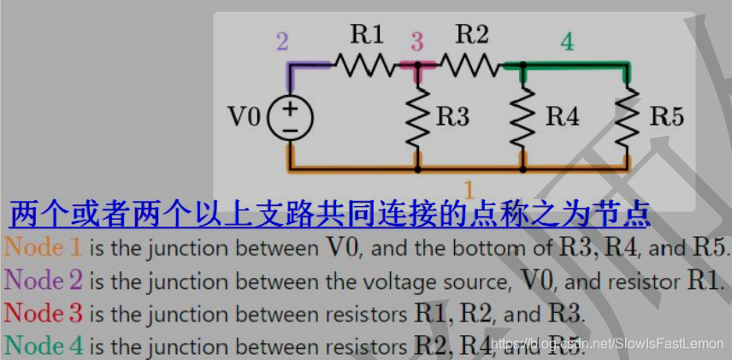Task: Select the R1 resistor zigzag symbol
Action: coord(366,63)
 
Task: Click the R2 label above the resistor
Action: coord(471,35)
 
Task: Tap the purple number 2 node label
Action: coord(282,40)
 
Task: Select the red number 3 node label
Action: coord(416,41)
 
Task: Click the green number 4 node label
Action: coord(567,40)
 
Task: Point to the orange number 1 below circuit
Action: coord(468,186)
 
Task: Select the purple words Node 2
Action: coord(44,280)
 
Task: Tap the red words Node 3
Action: coord(44,313)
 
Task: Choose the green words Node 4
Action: coord(44,345)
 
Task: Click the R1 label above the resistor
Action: coord(367,35)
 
